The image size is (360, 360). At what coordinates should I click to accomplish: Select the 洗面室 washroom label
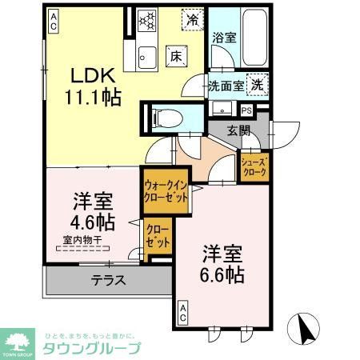[226, 85]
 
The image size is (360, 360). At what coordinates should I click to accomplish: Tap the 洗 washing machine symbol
[257, 83]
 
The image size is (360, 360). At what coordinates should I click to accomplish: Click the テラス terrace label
[106, 281]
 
